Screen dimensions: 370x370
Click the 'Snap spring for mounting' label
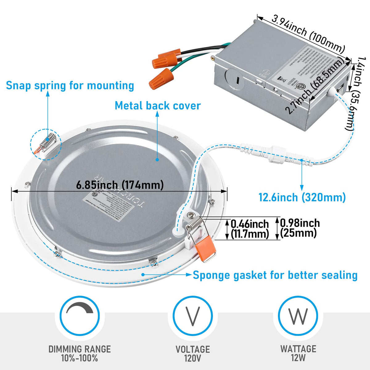click(x=70, y=85)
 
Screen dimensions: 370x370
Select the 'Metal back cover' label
click(x=158, y=105)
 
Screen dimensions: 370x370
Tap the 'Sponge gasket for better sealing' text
click(x=275, y=275)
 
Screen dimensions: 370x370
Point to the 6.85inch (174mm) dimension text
click(x=120, y=185)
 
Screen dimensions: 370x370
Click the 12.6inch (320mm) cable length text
click(x=302, y=197)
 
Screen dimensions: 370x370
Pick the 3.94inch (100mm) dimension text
click(x=308, y=34)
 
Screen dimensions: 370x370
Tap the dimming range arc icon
click(x=80, y=316)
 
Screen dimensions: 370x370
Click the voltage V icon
click(x=193, y=316)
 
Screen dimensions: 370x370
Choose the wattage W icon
click(x=298, y=316)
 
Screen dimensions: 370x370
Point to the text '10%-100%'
click(x=80, y=358)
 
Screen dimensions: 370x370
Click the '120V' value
click(x=193, y=358)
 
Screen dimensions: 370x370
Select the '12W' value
click(x=298, y=358)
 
